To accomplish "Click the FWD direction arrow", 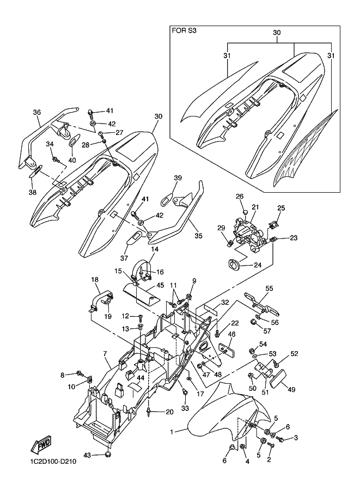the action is click(40, 446).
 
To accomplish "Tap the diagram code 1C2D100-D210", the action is click(51, 462).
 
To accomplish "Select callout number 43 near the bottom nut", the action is click(87, 456).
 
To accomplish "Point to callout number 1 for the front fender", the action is click(172, 432).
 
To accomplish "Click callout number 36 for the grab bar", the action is click(37, 112).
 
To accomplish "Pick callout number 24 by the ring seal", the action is click(258, 265).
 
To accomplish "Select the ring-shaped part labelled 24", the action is click(233, 263).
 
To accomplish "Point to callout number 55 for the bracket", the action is click(269, 289).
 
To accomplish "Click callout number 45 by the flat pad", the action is click(160, 285).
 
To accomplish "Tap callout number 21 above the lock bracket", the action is click(255, 207).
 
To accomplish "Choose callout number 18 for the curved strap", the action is click(95, 280).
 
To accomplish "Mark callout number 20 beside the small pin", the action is click(170, 412).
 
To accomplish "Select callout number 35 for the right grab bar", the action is click(199, 236).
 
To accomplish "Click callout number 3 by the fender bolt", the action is click(296, 438).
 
